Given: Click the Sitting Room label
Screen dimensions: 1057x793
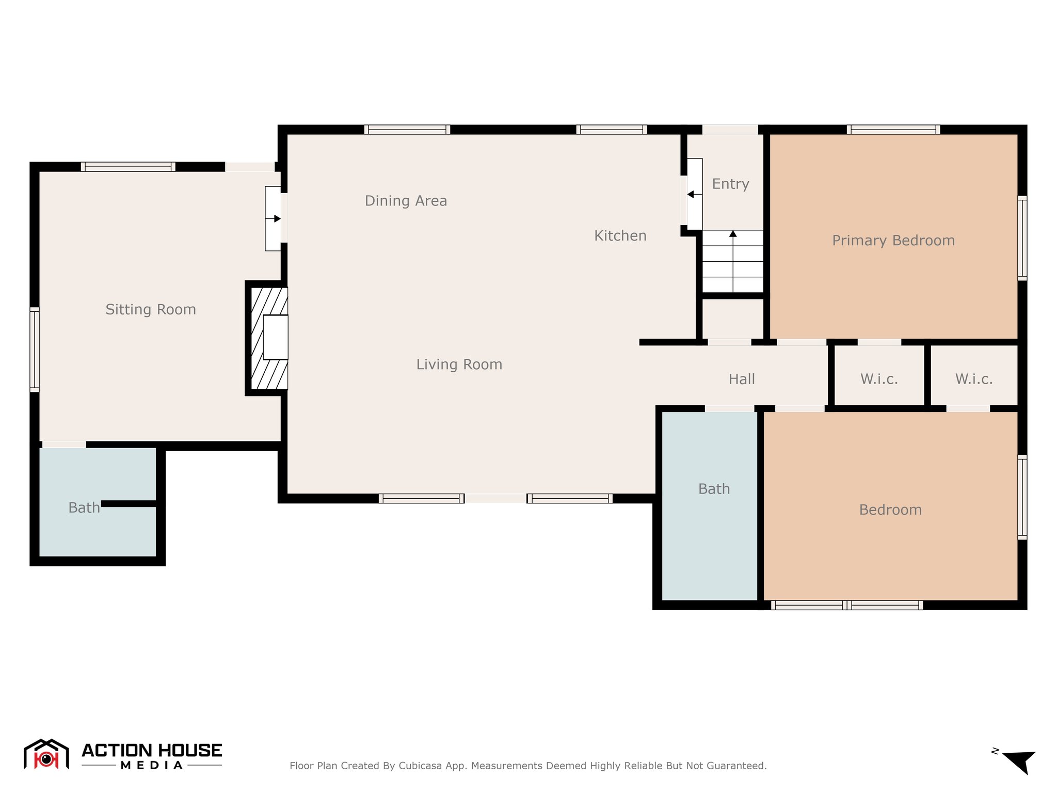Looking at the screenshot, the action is click(x=151, y=309).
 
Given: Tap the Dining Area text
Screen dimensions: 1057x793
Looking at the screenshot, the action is click(x=406, y=201).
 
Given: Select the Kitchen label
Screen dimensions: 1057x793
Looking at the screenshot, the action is click(x=620, y=236).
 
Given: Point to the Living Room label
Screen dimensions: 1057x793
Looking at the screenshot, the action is click(x=459, y=364).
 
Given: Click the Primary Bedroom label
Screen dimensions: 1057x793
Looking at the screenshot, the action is click(x=893, y=241).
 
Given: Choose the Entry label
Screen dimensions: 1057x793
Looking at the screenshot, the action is click(x=730, y=184).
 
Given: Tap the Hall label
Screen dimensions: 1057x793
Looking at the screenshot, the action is click(x=742, y=379).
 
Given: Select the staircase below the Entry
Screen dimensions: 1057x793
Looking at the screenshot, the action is click(x=733, y=261).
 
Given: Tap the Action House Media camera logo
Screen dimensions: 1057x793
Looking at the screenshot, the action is click(x=46, y=755).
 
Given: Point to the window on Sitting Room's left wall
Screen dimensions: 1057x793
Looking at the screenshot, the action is click(x=35, y=350).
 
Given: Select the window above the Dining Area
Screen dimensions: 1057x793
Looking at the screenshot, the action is click(x=407, y=130).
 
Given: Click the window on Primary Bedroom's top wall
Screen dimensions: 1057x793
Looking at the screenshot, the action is click(x=893, y=130).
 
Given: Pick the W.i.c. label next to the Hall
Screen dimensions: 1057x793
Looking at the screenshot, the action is click(x=879, y=379).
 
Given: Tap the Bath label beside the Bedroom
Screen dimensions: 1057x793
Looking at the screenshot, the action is click(x=714, y=489).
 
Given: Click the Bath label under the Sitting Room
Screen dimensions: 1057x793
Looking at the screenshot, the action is click(x=84, y=508).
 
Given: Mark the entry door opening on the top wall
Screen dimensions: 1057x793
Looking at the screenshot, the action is click(x=730, y=130).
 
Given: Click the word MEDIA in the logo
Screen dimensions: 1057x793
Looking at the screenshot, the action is click(x=152, y=766).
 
